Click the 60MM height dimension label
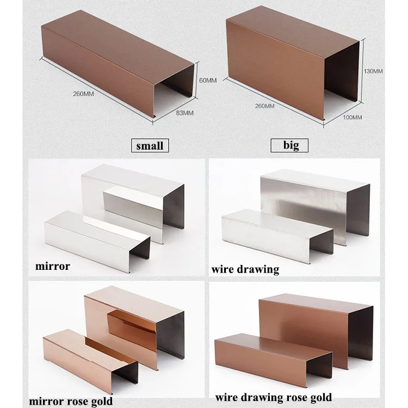click(208, 81)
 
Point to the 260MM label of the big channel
click(264, 106)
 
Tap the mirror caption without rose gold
click(53, 267)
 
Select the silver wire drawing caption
click(245, 269)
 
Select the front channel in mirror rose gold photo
click(87, 354)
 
